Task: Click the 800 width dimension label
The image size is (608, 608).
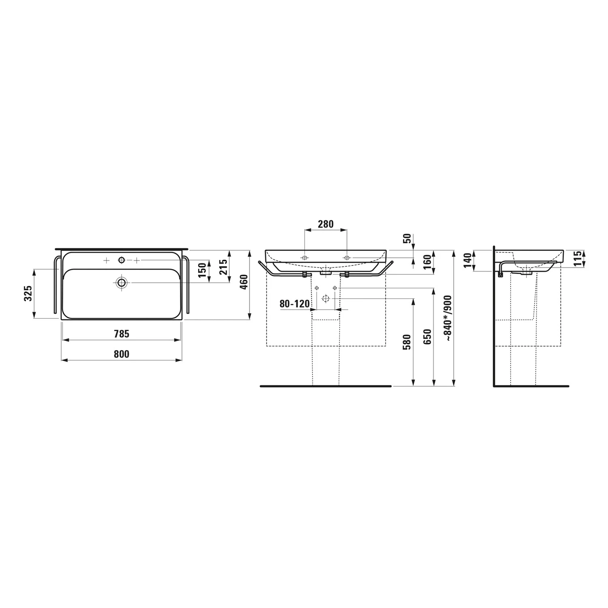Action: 121,354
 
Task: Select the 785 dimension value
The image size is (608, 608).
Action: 121,334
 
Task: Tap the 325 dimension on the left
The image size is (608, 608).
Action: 28,293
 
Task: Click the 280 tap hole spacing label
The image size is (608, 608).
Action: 325,224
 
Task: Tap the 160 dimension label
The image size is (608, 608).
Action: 427,262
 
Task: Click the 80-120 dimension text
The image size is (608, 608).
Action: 295,304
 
